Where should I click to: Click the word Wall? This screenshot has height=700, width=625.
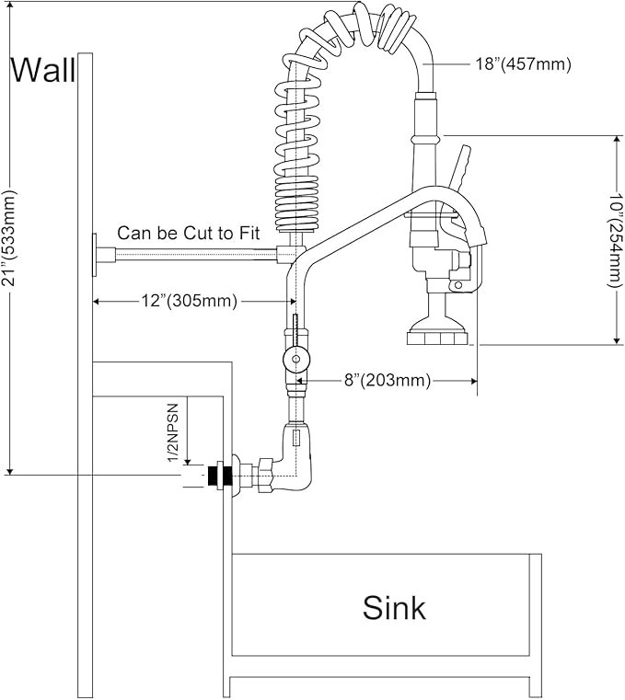(x=42, y=70)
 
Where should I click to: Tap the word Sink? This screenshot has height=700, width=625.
(x=394, y=607)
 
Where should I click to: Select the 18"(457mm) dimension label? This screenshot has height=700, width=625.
(x=523, y=64)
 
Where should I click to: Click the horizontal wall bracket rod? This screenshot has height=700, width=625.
(x=193, y=254)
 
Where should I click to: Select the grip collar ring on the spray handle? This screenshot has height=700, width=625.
(x=424, y=139)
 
